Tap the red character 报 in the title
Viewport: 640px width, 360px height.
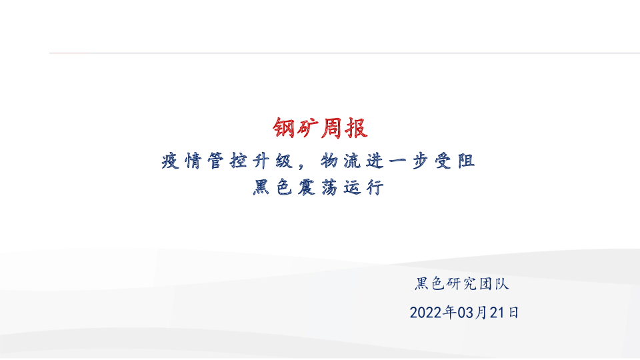pyautogui.click(x=356, y=128)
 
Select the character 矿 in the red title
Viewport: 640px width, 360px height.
pyautogui.click(x=308, y=128)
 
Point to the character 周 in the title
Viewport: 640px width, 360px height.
pyautogui.click(x=332, y=128)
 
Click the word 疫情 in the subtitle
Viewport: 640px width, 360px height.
pyautogui.click(x=180, y=161)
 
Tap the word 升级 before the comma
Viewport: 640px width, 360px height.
pyautogui.click(x=273, y=161)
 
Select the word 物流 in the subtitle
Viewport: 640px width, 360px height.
pyautogui.click(x=339, y=161)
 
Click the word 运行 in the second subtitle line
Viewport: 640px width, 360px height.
pyautogui.click(x=363, y=188)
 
